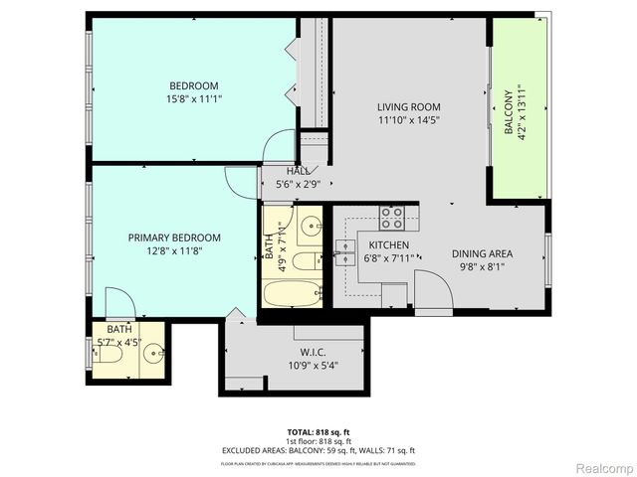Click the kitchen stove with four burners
[x=391, y=217]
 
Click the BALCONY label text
[x=509, y=112]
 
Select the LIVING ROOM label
[x=408, y=107]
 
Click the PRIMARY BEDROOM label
[x=174, y=238]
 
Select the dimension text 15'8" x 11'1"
[x=193, y=98]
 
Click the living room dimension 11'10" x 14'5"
[x=408, y=120]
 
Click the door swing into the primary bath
[x=117, y=302]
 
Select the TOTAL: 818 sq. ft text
[x=318, y=432]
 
